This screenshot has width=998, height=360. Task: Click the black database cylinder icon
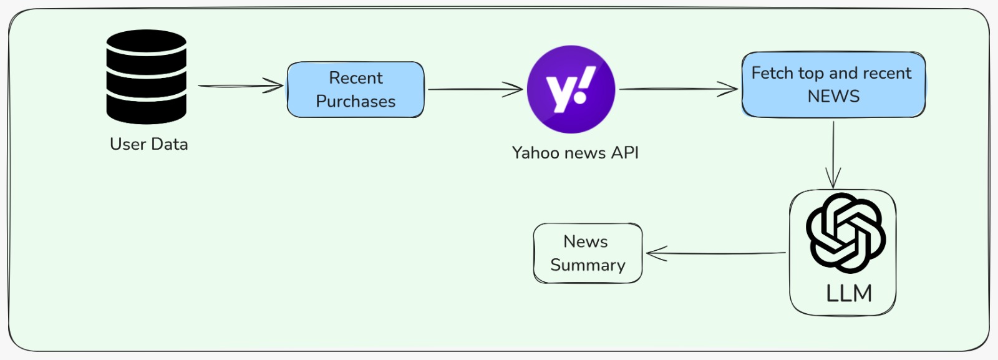[x=147, y=76]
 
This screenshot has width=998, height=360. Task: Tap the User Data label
[x=148, y=144]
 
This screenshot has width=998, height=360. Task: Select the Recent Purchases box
[x=356, y=89]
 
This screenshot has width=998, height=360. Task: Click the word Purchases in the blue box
[x=356, y=101]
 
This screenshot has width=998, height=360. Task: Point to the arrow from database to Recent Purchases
[x=240, y=86]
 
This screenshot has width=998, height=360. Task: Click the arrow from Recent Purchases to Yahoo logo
[x=474, y=89]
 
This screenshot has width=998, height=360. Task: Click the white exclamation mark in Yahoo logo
[x=584, y=84]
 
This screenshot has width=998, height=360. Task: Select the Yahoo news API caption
[x=575, y=153]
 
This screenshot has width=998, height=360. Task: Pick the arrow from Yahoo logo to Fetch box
[x=678, y=89]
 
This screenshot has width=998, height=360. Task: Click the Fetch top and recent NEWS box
[x=833, y=84]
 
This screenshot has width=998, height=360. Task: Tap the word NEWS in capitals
[x=833, y=96]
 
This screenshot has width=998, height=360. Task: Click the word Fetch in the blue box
[x=772, y=73]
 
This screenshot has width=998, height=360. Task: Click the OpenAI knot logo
[x=845, y=232]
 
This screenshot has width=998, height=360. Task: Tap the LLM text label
[x=849, y=293]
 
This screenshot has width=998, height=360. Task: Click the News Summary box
[x=588, y=253]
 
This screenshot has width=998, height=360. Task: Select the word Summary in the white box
[x=588, y=265]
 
